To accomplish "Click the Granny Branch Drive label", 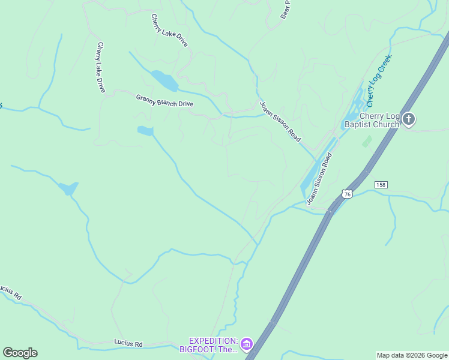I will (164, 100).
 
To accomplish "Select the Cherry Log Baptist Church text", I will (371, 121).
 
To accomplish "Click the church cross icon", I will (409, 119).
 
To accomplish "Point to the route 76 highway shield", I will (346, 193).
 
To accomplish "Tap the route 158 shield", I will (381, 184).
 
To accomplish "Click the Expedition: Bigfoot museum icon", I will (247, 344).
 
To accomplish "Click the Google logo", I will (20, 353).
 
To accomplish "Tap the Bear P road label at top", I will (286, 10).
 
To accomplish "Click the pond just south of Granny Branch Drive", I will (145, 130).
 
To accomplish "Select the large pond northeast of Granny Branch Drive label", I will (163, 80).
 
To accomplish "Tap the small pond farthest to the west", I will (68, 188).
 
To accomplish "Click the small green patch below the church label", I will (366, 142).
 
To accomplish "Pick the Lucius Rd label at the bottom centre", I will (128, 344).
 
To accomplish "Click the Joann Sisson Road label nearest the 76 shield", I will (319, 179).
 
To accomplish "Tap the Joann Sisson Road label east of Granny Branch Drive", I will (280, 121).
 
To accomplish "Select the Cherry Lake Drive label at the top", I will (169, 31).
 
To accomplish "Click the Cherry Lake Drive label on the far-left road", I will (101, 67).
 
